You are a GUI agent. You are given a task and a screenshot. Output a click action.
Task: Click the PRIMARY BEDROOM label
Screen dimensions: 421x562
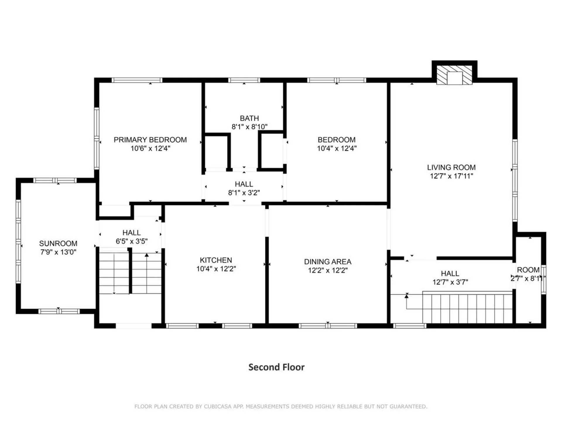[x=150, y=140]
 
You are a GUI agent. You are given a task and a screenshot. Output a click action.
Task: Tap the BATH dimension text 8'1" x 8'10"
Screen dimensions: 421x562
[x=249, y=127]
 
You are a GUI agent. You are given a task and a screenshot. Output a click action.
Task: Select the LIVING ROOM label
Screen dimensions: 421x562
[x=451, y=168]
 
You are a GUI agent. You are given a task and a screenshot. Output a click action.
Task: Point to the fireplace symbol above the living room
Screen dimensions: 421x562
[x=454, y=75]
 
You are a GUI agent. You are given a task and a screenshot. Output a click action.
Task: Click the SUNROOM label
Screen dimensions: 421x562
[x=58, y=243]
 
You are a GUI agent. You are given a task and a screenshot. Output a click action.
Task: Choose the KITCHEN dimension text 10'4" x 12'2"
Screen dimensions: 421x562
[x=216, y=269]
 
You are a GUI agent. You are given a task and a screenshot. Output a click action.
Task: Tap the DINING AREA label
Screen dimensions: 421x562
[x=328, y=262]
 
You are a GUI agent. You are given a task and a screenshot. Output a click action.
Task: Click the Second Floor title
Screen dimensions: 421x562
[x=276, y=367]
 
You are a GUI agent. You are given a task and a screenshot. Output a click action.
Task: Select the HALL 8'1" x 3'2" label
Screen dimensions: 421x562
[x=244, y=184]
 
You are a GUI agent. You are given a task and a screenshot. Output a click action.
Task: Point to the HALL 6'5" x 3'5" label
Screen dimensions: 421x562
[x=131, y=233]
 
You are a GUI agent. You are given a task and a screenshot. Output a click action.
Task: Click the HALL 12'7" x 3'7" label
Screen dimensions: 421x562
[x=450, y=274]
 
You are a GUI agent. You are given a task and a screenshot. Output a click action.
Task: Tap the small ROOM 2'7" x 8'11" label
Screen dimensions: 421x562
[x=528, y=270]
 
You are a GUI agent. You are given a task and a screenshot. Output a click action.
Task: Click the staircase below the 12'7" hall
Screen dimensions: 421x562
[x=467, y=308]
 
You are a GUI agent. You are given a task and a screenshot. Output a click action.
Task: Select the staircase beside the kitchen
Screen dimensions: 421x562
[x=130, y=273]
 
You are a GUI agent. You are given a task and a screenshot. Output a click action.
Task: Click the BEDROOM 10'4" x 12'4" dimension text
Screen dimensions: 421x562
[x=337, y=148]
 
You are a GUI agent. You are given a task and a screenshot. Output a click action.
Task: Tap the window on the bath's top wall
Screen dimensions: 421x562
[x=244, y=80]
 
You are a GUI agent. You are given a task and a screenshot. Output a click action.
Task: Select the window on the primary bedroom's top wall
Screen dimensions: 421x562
[x=137, y=80]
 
